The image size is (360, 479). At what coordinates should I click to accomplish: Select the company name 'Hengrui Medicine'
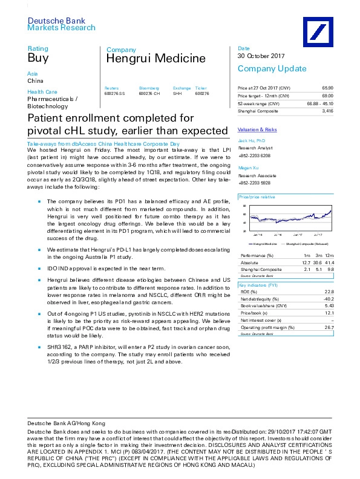pos(147,59)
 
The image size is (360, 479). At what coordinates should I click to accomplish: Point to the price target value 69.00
pos(327,96)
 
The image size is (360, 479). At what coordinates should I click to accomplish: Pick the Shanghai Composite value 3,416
pos(327,111)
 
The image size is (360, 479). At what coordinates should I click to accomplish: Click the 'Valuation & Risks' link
pos(257,130)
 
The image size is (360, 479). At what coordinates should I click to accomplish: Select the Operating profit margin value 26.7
pos(329,328)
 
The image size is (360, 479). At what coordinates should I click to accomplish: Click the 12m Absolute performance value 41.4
pos(329,263)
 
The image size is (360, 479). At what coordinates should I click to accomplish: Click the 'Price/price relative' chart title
pos(257,198)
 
